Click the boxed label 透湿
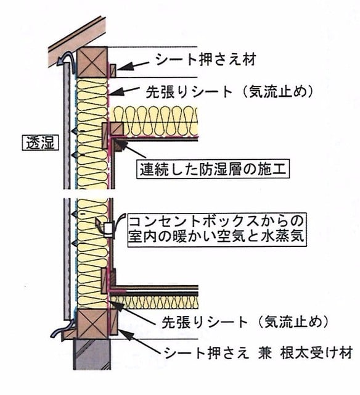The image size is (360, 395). click(40, 143)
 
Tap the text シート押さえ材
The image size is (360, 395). click(206, 60)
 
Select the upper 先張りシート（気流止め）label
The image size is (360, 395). click(230, 92)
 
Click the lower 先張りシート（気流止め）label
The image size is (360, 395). click(245, 322)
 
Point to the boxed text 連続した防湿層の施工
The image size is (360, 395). click(213, 168)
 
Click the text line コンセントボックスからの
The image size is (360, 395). click(216, 221)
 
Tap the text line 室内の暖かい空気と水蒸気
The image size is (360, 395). click(216, 236)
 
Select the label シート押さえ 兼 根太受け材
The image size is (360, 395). click(258, 352)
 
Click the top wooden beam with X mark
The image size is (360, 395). click(92, 62)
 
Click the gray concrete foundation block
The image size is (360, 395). click(92, 354)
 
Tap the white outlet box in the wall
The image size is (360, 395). click(109, 229)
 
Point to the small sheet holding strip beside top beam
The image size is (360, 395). click(113, 71)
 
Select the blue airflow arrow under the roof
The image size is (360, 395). click(65, 60)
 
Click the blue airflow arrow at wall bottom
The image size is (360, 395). click(62, 329)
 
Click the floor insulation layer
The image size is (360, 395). click(155, 302)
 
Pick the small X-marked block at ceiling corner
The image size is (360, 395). click(117, 130)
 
